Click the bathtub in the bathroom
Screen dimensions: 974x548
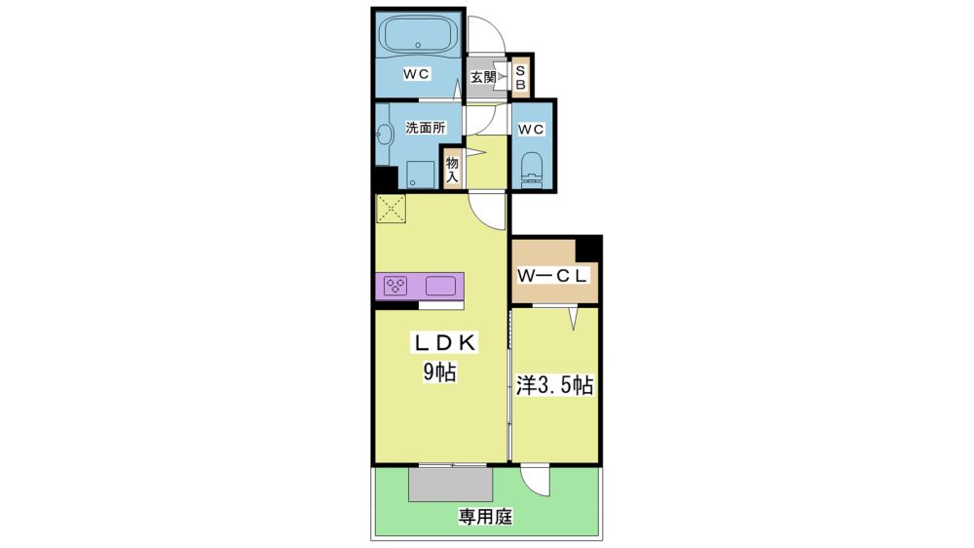pos(418,35)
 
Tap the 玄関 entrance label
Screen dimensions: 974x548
pos(483,78)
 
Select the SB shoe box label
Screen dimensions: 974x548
pos(520,78)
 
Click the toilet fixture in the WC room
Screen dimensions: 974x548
pos(532,170)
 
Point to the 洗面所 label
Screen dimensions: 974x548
pos(426,128)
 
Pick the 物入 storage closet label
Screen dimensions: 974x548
pos(452,170)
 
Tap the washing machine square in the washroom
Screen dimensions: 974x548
pos(421,175)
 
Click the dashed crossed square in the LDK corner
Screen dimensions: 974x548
pos(391,209)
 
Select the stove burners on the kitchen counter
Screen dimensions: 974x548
pos(395,286)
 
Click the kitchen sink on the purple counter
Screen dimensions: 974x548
pos(440,286)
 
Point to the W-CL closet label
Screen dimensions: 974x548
pos(552,276)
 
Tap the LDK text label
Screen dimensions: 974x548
pos(445,342)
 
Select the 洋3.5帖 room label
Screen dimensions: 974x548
pos(554,386)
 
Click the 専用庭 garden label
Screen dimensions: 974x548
pos(485,516)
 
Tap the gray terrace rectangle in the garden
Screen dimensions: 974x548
pos(450,484)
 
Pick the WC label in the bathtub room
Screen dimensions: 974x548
pos(416,74)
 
